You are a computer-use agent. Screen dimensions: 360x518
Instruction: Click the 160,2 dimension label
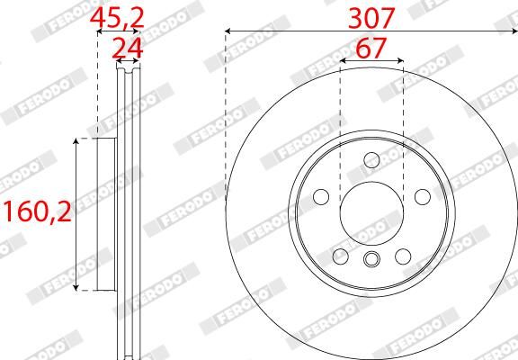[36, 213]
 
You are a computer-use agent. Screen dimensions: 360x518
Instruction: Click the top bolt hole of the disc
[371, 160]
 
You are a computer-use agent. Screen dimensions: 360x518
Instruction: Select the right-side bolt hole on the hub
[421, 197]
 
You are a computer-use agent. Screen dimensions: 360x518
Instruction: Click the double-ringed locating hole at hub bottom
[371, 262]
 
